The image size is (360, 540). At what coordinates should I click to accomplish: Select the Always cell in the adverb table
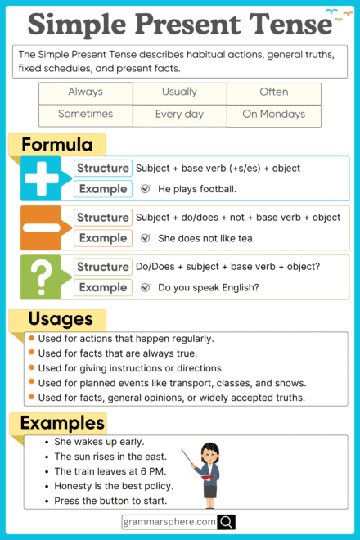85,92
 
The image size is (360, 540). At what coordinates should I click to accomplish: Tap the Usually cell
179,92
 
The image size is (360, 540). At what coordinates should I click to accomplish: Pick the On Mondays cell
273,115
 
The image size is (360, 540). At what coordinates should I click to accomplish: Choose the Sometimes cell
85,115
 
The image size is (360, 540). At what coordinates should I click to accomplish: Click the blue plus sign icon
42,178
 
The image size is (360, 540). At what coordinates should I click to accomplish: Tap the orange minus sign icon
42,227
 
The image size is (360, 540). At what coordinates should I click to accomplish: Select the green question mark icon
42,277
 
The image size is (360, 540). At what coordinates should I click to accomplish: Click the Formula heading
56,146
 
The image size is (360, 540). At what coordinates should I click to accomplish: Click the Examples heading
62,423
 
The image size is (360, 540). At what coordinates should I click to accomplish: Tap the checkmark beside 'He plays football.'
145,189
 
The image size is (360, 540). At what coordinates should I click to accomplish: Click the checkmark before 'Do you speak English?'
145,287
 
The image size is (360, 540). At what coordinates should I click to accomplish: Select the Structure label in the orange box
102,218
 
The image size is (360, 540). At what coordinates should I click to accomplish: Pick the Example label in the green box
102,287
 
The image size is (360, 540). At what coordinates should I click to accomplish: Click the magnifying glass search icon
227,521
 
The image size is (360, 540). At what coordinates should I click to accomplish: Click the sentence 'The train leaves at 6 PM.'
110,471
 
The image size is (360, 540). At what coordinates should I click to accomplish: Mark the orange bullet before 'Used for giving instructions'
31,367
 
